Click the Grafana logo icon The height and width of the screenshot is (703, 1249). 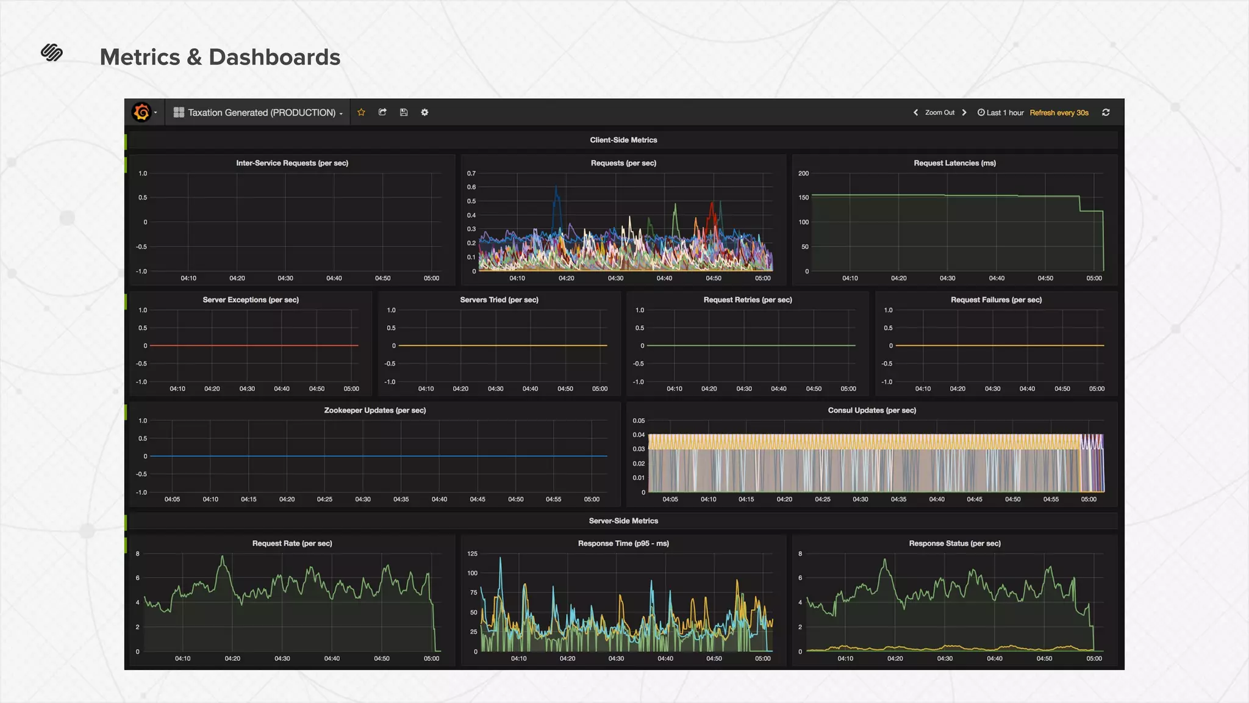[x=141, y=112]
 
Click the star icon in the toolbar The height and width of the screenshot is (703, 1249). [x=361, y=112]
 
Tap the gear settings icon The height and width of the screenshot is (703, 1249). [x=424, y=112]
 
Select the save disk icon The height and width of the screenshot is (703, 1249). [x=404, y=112]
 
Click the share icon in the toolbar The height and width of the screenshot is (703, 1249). [x=382, y=112]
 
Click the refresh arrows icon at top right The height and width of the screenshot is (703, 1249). [x=1106, y=112]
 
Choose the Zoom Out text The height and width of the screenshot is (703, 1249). [x=939, y=113]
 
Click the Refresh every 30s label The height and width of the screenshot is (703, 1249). [x=1059, y=113]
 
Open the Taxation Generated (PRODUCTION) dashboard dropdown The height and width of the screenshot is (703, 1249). [x=259, y=113]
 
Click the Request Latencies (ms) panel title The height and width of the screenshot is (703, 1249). [x=954, y=163]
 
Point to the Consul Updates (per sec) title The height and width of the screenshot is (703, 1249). [x=871, y=410]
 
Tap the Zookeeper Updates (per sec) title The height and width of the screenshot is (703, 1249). [x=375, y=410]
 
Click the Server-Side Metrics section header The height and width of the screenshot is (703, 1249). [x=623, y=521]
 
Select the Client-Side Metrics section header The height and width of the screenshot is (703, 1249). [x=623, y=140]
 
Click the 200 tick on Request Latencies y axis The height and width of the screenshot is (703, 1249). [x=803, y=173]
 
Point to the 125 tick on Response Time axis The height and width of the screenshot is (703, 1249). [x=472, y=553]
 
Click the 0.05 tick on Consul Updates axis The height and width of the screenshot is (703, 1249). [x=638, y=420]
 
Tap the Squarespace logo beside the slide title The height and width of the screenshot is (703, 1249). [x=52, y=53]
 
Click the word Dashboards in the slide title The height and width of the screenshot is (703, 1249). [x=274, y=57]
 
